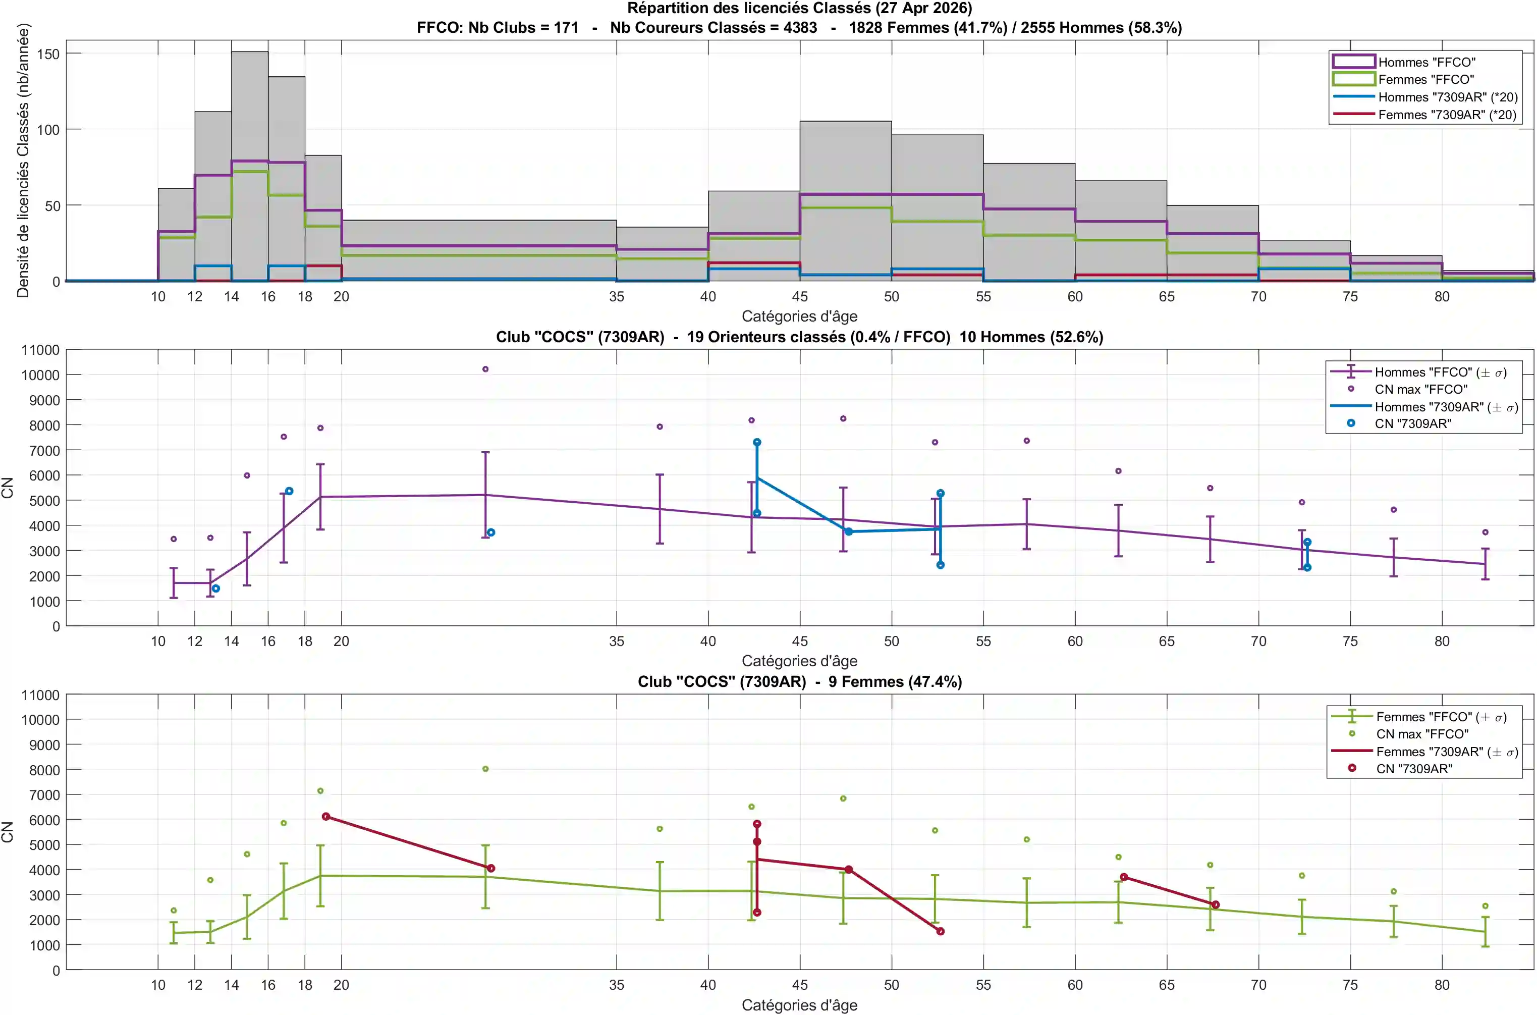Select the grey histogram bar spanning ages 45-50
pyautogui.click(x=845, y=201)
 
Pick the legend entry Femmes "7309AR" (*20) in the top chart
pyautogui.click(x=1424, y=115)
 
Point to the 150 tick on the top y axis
pyautogui.click(x=48, y=54)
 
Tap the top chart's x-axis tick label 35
pyautogui.click(x=616, y=296)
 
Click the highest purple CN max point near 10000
pyautogui.click(x=485, y=369)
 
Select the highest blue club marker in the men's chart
pyautogui.click(x=756, y=442)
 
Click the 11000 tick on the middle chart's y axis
pyautogui.click(x=40, y=350)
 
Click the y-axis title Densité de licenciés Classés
pyautogui.click(x=23, y=161)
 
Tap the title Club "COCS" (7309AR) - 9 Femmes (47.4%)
pyautogui.click(x=800, y=681)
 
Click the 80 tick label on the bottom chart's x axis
pyautogui.click(x=1442, y=985)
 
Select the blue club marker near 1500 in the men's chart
pyautogui.click(x=215, y=589)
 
